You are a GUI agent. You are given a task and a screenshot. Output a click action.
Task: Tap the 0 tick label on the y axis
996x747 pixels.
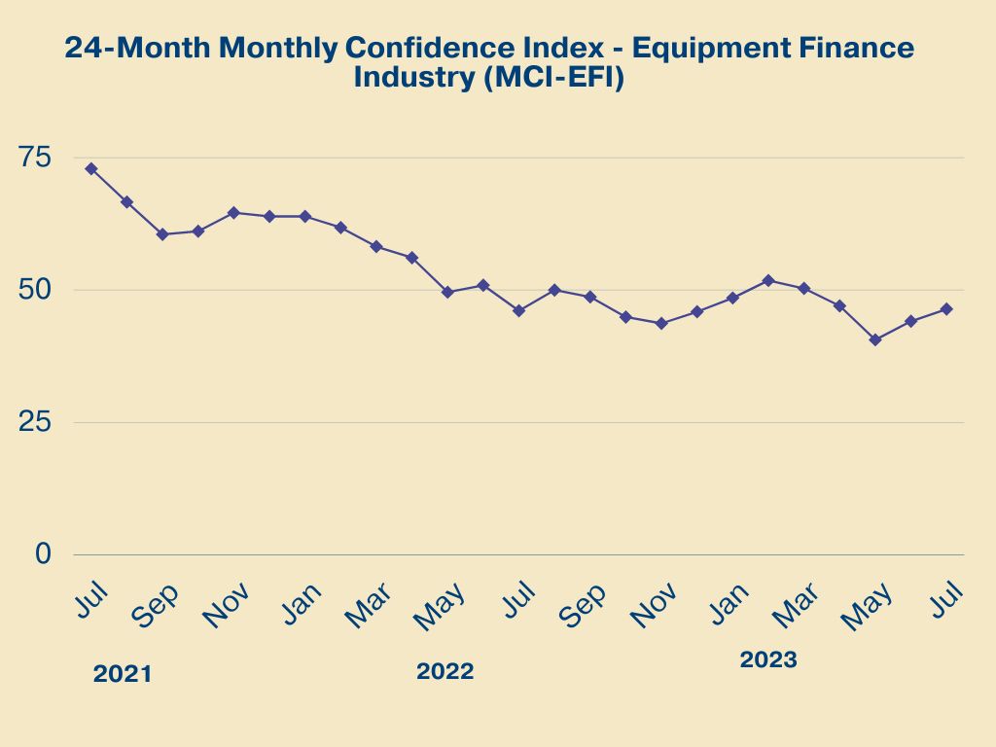point(42,553)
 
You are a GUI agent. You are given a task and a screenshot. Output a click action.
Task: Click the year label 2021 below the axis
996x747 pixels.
point(123,674)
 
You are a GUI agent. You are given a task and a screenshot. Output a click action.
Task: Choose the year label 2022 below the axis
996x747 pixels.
point(445,671)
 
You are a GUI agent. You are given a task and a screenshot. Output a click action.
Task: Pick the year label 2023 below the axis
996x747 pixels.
point(768,659)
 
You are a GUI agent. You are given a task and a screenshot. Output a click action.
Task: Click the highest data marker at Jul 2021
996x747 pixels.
point(90,168)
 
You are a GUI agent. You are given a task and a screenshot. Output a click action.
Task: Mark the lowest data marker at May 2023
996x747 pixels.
point(875,339)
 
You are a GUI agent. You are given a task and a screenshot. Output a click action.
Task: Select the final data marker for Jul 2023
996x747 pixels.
point(946,309)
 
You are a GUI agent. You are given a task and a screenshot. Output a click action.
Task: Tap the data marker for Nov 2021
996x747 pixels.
point(233,212)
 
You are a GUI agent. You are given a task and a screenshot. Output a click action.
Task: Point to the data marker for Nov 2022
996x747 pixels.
point(661,323)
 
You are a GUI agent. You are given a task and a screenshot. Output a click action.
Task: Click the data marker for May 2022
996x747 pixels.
point(447,292)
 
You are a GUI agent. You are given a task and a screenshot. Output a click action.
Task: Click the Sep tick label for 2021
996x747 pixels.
point(156,605)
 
